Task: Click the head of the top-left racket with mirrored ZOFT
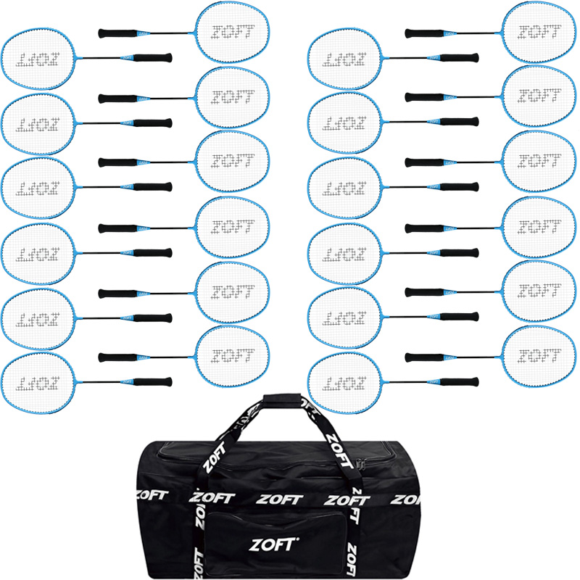[x=38, y=61]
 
